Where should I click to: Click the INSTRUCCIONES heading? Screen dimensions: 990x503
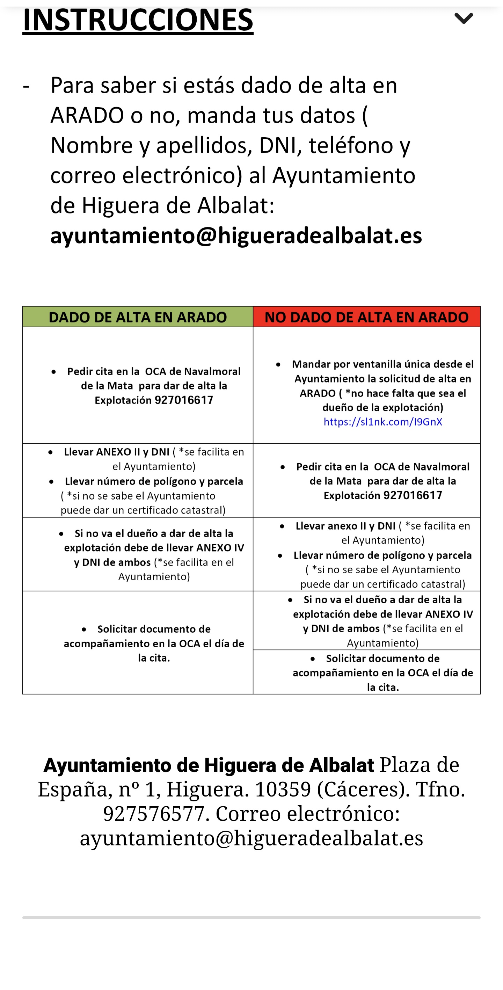138,20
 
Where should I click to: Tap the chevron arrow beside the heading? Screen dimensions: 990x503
464,18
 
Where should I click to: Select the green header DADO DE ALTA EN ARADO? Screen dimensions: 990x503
138,317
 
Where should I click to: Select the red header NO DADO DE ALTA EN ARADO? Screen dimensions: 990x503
366,317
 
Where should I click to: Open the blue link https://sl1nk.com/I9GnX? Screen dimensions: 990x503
383,422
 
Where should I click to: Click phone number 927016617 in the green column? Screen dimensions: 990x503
183,400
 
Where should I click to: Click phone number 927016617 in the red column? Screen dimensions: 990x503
412,495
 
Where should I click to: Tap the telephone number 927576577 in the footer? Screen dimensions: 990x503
154,814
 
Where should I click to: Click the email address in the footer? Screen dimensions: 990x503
251,838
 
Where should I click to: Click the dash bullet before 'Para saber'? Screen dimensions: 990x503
26,85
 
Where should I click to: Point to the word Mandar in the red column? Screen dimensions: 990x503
311,364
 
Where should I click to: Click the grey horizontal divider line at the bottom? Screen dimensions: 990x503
251,917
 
